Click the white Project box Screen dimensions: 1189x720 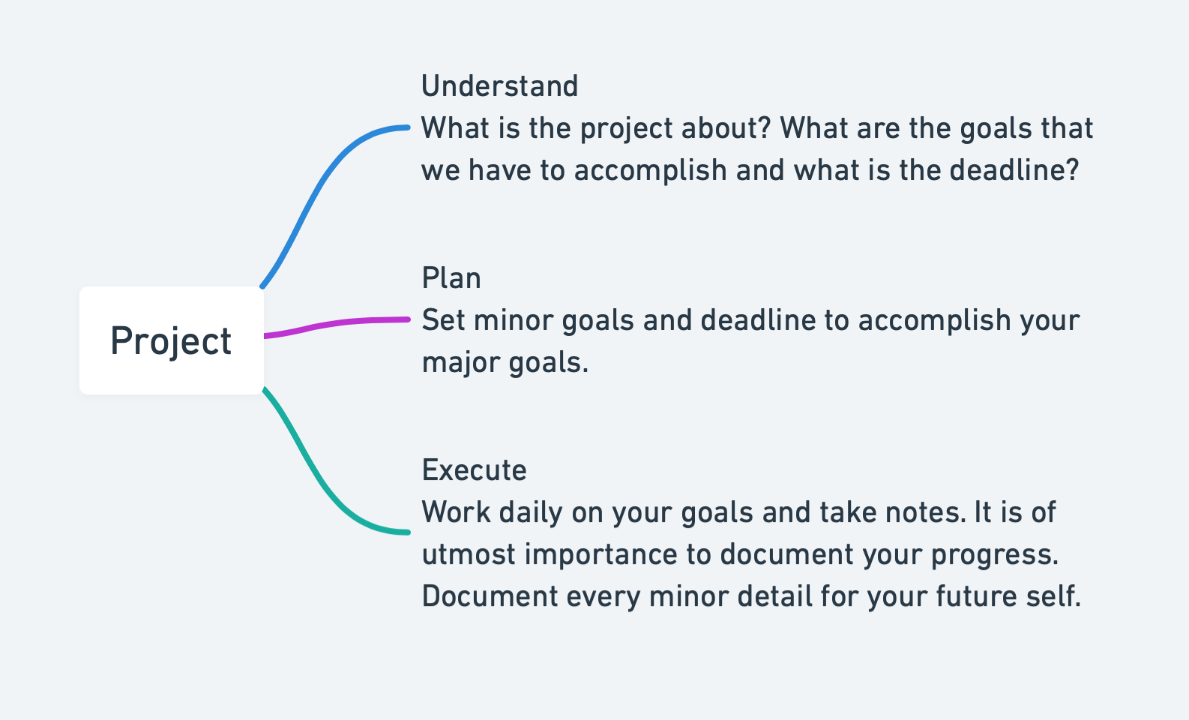tap(172, 340)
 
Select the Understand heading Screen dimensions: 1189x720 tap(499, 86)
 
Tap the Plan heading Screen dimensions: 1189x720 tap(451, 277)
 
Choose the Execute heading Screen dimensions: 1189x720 tap(474, 470)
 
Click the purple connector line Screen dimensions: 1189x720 tap(337, 324)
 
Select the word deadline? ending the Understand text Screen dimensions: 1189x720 tap(1014, 170)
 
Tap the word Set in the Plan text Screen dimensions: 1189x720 tap(443, 320)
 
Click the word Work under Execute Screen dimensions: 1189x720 tap(455, 512)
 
